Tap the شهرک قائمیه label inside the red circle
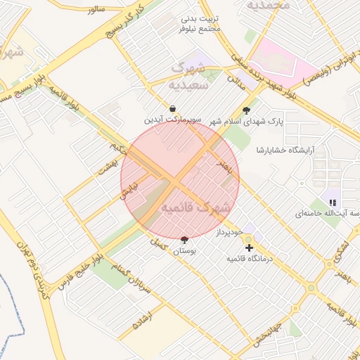(196, 208)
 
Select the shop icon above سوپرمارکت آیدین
(172, 109)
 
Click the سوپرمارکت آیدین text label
(172, 120)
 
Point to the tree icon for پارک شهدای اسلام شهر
(246, 110)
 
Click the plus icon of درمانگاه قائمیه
(249, 248)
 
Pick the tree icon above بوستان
(184, 239)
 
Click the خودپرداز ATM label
(229, 231)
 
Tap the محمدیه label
(266, 6)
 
